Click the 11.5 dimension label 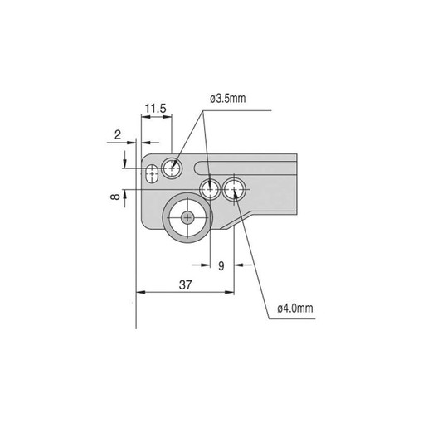[156, 109]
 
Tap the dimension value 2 [118, 135]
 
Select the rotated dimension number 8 [115, 197]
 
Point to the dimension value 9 [221, 266]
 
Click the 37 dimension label [185, 284]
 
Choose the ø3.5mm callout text [227, 99]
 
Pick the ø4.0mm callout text [295, 308]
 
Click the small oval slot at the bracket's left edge [152, 173]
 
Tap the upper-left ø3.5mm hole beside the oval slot [172, 168]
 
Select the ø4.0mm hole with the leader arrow [234, 189]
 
